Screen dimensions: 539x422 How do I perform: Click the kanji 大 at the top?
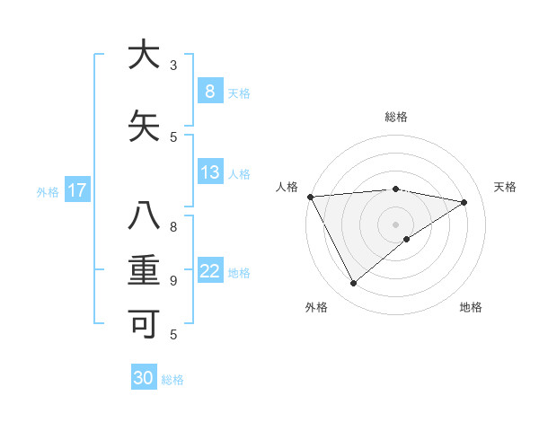coord(144,55)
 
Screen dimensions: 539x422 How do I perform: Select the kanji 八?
coord(144,216)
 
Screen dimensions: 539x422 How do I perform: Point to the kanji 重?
coord(144,270)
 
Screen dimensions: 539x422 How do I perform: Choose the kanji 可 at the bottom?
coord(144,324)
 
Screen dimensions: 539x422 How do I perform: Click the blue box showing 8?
coord(209,91)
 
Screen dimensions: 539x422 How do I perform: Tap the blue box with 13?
coord(209,172)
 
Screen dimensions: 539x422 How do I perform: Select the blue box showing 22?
coord(209,271)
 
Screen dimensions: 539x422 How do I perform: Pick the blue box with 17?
coord(77,190)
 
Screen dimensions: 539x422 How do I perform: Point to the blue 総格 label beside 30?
coord(173,380)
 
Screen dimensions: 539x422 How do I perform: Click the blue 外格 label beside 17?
coord(48,191)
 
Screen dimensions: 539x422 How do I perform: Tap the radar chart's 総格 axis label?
coord(395,117)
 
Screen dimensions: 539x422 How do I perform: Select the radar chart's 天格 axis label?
coord(506,187)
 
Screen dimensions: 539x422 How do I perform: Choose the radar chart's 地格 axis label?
coord(471,307)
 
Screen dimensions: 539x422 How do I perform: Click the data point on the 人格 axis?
coord(310,197)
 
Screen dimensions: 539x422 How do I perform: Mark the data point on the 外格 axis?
coord(353,284)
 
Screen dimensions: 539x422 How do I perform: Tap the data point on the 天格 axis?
coord(464,202)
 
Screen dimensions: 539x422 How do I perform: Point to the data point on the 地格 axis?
coord(407,239)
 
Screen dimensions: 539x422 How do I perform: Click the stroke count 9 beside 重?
coord(172,280)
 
